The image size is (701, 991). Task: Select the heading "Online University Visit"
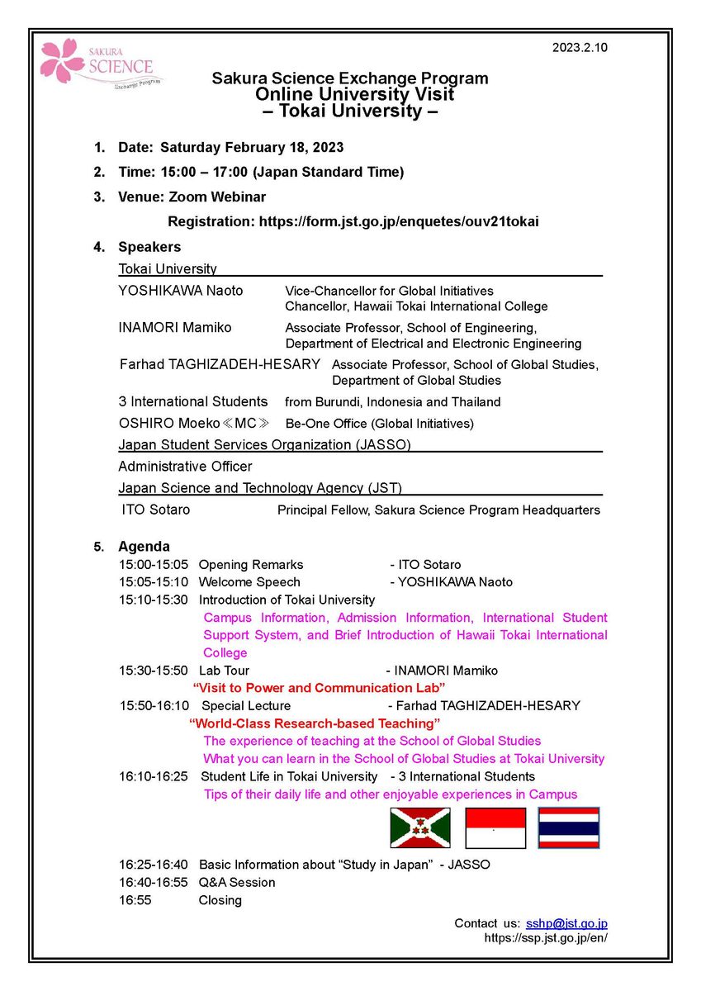coord(354,94)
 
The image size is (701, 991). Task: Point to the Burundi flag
coord(419,827)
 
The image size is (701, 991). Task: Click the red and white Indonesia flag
coord(495,827)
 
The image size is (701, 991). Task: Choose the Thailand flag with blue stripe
coord(569,827)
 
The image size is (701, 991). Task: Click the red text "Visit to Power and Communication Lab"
coord(319,687)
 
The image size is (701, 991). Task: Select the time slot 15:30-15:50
coord(153,671)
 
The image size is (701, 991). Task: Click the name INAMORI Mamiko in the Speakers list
coord(175,327)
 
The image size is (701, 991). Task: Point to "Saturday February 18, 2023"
coord(252,148)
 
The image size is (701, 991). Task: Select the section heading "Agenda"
coord(144,546)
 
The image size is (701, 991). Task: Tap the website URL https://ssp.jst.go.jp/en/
coord(546,938)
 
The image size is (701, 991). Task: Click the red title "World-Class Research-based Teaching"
coord(315,723)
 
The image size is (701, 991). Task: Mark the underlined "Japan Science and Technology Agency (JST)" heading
coord(260,487)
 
